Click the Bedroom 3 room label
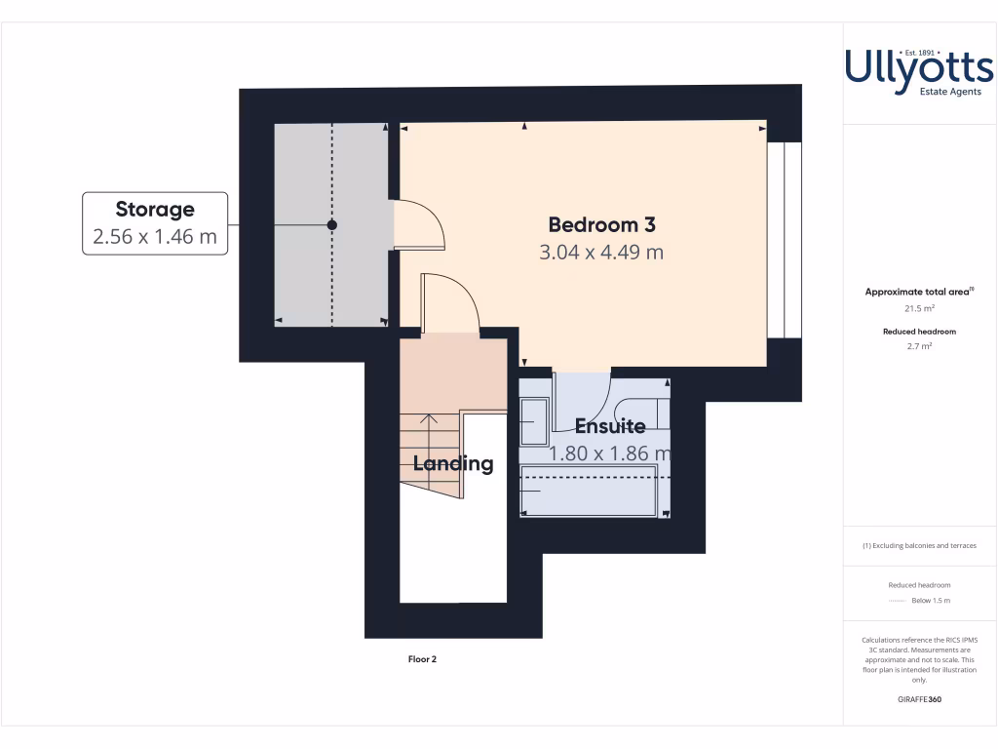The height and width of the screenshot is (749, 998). (x=601, y=224)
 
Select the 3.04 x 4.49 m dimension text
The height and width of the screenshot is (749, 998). (x=601, y=253)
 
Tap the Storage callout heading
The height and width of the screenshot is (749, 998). (x=155, y=209)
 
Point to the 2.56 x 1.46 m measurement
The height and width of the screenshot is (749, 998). (x=155, y=236)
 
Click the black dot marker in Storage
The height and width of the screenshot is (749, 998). (x=331, y=225)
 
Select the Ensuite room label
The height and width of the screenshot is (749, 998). (x=609, y=426)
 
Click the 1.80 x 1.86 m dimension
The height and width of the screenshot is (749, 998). (x=609, y=453)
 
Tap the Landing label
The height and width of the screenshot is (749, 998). (x=453, y=464)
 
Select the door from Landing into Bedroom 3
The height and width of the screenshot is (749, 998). (x=449, y=304)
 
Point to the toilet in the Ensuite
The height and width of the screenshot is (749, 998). (x=645, y=413)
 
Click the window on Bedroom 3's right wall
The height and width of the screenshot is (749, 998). (x=784, y=240)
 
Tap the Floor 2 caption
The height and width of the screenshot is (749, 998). (x=422, y=659)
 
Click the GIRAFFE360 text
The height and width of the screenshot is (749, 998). (x=919, y=699)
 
